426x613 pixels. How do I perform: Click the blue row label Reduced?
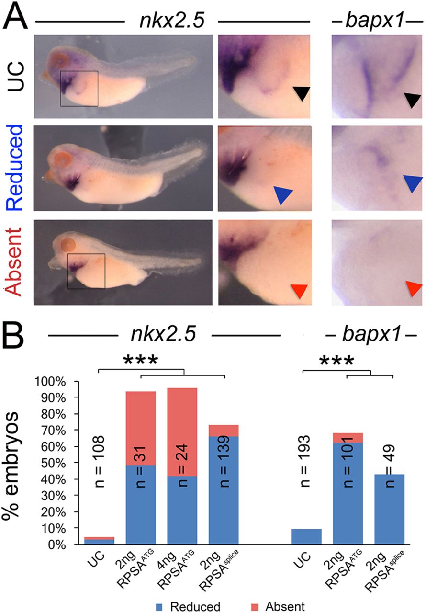16,168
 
